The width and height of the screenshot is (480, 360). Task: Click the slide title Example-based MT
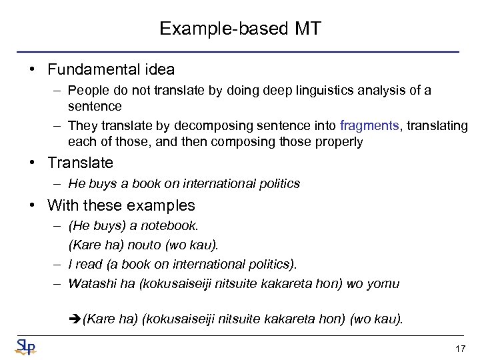coord(240,29)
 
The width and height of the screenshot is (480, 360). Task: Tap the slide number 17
coord(459,348)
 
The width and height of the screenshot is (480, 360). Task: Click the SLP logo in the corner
coord(25,346)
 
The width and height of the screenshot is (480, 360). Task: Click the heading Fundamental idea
coord(111,69)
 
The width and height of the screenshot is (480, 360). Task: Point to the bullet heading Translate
coord(80,163)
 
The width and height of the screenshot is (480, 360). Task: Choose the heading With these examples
coord(121,205)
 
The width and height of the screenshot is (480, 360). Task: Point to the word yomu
coord(383,283)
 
